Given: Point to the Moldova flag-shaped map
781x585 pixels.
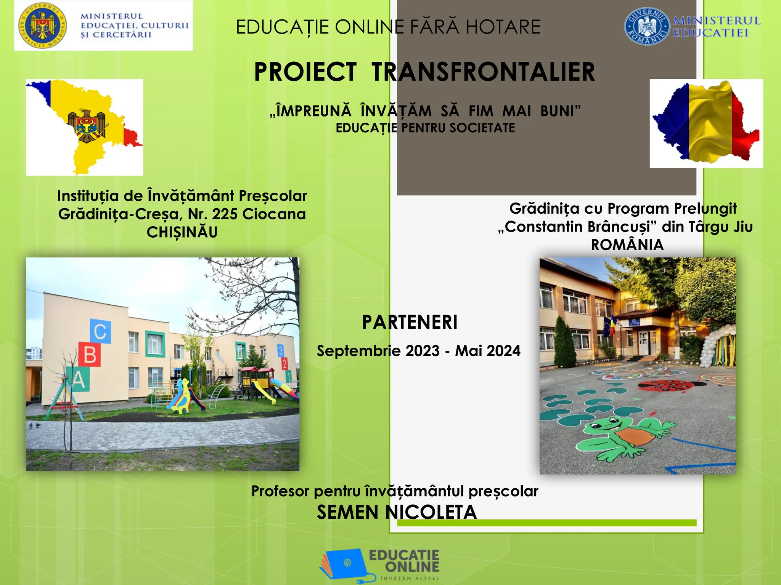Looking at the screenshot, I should coord(88,126).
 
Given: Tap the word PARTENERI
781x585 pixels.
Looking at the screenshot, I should coord(410,322).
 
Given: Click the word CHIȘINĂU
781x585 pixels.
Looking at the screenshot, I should coord(182,232).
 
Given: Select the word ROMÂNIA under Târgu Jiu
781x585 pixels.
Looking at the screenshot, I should coord(627,245).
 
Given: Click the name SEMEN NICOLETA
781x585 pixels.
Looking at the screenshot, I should coord(397,512).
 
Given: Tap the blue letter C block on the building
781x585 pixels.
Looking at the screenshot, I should coord(100,331).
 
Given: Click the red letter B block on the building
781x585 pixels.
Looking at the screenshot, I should coord(90,354).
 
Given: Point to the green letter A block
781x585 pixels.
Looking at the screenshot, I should coord(79,379).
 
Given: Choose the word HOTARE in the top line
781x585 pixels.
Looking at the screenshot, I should coord(503,27).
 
